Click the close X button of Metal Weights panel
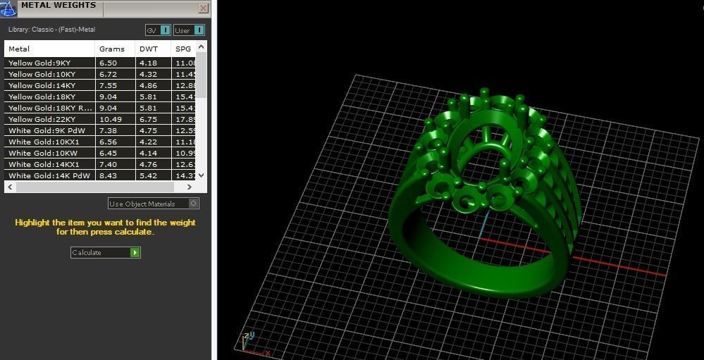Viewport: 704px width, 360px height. (204, 8)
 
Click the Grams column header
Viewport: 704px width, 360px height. (111, 49)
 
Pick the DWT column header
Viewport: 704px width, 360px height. (149, 49)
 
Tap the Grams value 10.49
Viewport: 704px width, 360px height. (111, 119)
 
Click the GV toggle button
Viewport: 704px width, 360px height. (158, 30)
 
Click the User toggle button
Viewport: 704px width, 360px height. (189, 30)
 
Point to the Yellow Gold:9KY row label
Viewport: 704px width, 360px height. (39, 63)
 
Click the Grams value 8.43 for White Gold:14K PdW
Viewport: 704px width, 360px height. (108, 175)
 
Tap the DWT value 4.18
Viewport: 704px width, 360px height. (148, 63)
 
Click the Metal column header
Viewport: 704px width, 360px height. (19, 49)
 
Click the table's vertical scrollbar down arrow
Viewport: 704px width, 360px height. (202, 175)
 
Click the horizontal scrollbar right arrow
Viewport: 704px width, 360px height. (190, 187)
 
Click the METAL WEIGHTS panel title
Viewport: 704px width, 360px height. (58, 6)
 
